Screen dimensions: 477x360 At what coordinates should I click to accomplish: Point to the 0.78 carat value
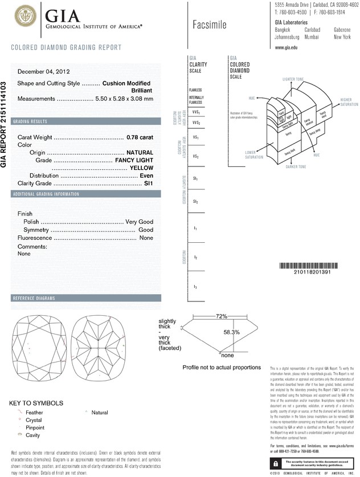tap(140, 137)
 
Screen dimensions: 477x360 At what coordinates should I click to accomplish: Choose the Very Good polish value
tap(140, 221)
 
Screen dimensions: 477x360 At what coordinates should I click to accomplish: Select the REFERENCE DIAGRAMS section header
tap(34, 298)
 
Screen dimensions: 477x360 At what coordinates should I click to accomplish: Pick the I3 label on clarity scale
tap(195, 286)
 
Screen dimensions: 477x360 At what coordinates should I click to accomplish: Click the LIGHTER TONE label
tap(296, 77)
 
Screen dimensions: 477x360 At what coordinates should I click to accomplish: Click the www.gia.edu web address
tap(286, 48)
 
